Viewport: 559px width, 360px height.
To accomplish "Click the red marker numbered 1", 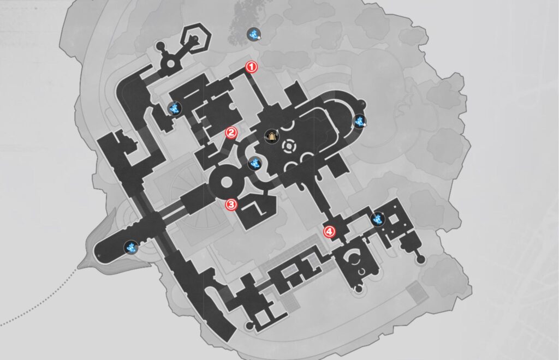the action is coord(251,67).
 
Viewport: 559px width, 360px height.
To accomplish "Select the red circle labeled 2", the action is coord(231,133).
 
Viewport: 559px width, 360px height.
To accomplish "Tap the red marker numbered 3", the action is coord(231,205).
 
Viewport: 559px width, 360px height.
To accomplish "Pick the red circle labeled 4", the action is coord(329,232).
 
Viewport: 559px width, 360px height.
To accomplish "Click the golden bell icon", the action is coord(272,136).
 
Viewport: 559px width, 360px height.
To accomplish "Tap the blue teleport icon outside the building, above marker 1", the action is coord(254,34).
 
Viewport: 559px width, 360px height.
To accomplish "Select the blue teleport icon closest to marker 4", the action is coord(378,219).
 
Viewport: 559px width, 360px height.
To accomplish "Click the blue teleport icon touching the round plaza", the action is coord(254,164).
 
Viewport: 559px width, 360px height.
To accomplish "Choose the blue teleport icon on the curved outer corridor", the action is coord(360,122).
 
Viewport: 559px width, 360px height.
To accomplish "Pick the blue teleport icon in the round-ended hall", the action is coord(131,247).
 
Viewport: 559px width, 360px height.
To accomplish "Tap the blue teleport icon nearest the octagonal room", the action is coord(174,108).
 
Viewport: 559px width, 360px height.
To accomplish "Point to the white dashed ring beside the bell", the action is coord(289,147).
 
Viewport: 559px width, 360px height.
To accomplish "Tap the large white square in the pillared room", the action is coord(394,219).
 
